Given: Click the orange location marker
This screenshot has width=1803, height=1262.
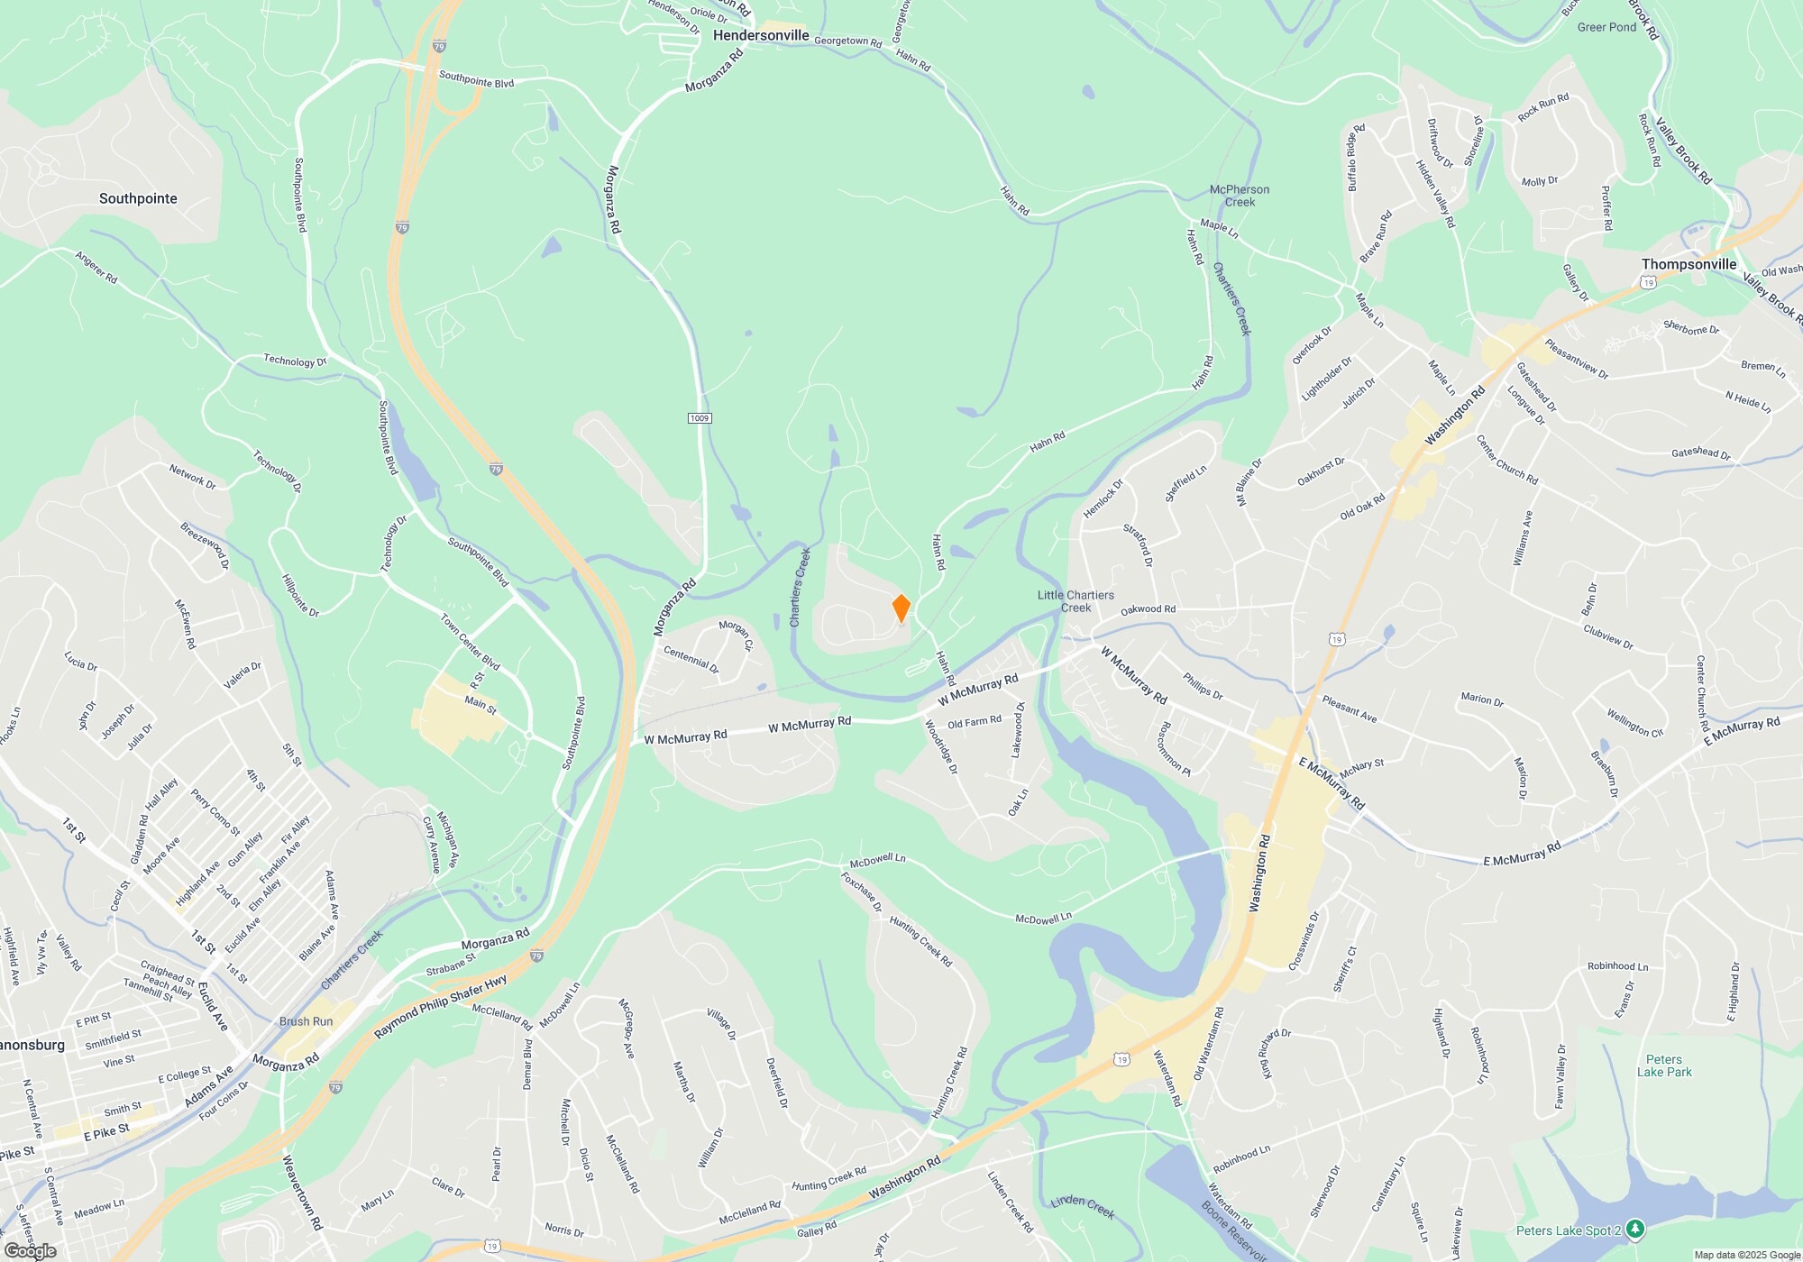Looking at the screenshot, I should tap(901, 608).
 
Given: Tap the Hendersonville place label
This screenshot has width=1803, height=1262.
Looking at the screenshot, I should tap(761, 35).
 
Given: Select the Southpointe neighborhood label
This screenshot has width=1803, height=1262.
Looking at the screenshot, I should tap(138, 198).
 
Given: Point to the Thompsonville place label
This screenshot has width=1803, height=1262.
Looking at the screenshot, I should tap(1689, 264).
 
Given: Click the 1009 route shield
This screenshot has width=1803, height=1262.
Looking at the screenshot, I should tap(700, 418).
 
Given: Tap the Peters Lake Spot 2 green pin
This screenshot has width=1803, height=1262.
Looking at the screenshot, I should tap(1635, 1229).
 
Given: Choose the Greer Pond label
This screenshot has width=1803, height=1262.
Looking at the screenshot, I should tap(1606, 27).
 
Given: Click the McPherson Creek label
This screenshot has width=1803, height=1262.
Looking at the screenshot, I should tap(1239, 196).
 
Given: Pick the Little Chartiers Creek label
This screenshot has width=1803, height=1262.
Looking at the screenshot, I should tap(1075, 601).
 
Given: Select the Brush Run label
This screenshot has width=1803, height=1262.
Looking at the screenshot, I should tap(306, 1021).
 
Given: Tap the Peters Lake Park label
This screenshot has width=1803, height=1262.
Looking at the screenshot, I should tap(1664, 1065).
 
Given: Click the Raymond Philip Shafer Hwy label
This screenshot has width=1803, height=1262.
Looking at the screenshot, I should tap(441, 1006).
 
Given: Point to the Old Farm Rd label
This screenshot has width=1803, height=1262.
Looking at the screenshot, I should tap(974, 722).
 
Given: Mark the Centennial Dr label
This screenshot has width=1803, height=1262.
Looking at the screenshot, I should tap(691, 660).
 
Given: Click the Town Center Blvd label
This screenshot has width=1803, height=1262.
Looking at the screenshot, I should tap(470, 642).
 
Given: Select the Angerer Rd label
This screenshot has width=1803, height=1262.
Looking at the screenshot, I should tap(96, 267).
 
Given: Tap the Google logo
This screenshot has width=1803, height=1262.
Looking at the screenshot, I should tap(30, 1250).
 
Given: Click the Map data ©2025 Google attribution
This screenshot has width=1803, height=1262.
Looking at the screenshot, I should tap(1747, 1255).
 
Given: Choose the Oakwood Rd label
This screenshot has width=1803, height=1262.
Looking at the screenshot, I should tap(1148, 609).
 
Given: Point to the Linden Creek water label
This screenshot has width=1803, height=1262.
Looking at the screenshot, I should tap(1082, 1206).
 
